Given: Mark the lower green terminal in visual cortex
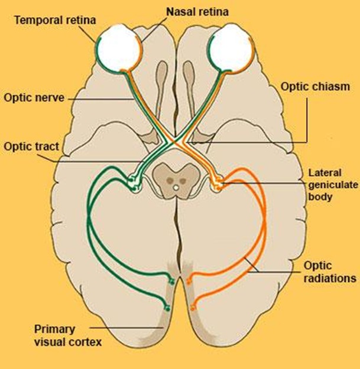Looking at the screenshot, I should [168, 307].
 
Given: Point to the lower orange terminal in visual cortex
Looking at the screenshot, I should [193, 307].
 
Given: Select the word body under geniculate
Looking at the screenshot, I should [319, 197].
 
